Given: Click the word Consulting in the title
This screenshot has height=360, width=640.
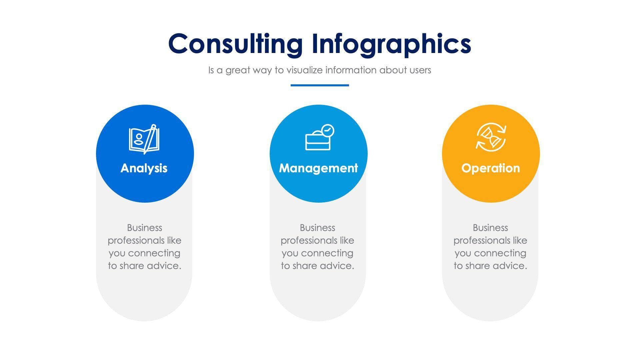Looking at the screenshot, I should point(235,44).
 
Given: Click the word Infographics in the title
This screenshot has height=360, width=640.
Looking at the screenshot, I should point(391,44).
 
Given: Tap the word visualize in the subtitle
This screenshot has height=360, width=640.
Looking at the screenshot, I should point(305,70).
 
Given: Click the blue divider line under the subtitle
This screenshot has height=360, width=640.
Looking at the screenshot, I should point(320,85).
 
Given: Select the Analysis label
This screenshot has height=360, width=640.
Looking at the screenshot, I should point(144,168).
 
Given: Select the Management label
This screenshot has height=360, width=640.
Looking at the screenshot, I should point(318,168).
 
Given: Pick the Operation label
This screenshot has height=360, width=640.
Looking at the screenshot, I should point(490,168).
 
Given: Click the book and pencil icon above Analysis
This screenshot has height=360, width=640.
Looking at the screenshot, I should point(144,139).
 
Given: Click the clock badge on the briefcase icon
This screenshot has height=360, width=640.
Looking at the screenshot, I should point(328,130).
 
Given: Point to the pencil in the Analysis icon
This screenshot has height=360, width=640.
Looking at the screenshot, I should point(150,138).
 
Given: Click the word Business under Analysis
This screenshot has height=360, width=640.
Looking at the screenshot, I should point(145,228).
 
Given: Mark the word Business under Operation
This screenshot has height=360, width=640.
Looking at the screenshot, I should point(490,228).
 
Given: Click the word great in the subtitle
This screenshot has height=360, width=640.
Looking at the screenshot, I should point(238,70).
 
